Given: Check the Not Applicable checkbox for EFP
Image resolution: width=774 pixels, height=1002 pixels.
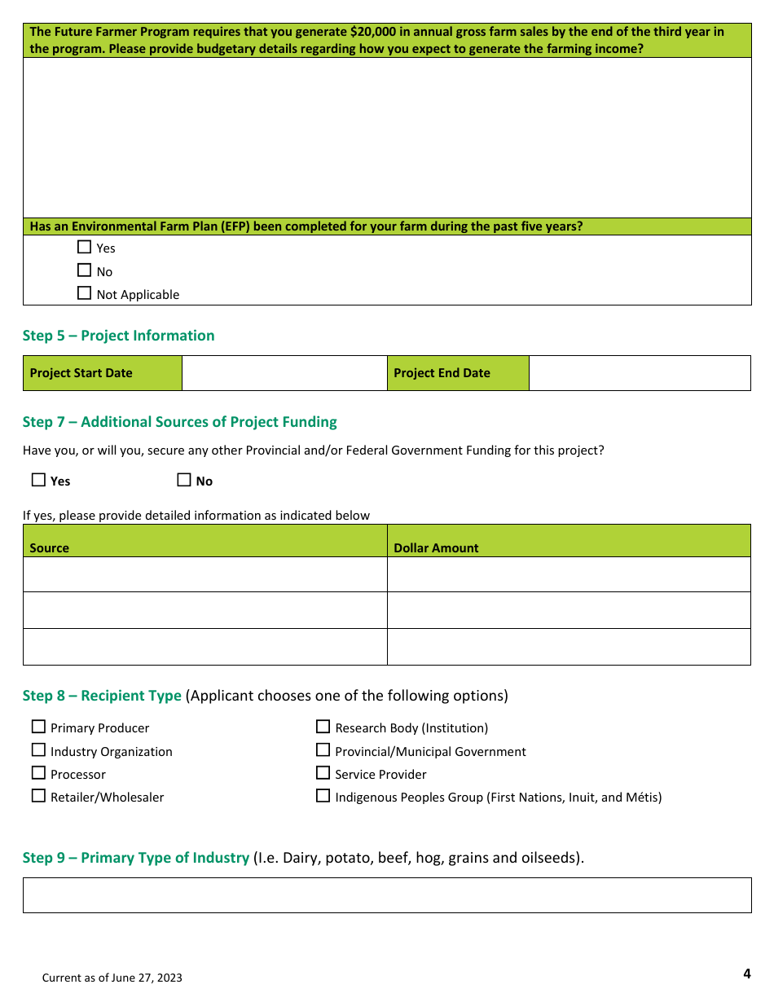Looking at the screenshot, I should [84, 293].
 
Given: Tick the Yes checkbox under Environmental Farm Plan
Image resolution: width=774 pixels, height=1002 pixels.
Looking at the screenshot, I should [84, 247].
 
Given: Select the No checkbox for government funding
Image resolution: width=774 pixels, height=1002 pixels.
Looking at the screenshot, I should [184, 480].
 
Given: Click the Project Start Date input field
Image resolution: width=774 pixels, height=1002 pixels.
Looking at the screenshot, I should [284, 373].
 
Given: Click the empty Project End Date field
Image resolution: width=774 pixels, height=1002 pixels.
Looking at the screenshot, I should [640, 373].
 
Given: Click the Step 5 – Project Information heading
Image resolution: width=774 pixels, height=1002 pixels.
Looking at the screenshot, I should [119, 336].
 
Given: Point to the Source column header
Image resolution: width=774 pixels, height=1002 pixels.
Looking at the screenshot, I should [50, 547].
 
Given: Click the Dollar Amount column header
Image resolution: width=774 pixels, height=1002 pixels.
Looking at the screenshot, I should [436, 547].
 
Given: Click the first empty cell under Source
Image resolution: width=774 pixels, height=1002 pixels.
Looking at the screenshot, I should [204, 574].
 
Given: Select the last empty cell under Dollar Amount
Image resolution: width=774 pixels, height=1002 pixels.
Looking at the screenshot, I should [569, 647].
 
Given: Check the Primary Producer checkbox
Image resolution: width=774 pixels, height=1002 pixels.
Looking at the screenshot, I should [38, 727].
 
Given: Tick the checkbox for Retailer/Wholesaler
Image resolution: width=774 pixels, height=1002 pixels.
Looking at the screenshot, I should [38, 796].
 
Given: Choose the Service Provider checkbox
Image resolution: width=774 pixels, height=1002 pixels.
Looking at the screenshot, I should [323, 773].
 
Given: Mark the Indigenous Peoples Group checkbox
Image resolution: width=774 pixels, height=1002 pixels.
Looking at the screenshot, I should [323, 796].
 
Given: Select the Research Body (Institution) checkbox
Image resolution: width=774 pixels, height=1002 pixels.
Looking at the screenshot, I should [323, 727].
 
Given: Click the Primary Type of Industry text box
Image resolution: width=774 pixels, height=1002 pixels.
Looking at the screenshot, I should [387, 894].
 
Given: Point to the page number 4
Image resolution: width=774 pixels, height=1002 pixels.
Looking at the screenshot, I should [746, 973].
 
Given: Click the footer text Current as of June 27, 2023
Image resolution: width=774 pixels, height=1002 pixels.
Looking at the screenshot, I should [112, 978].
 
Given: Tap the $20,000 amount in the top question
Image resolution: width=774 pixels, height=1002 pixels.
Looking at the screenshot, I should [375, 33].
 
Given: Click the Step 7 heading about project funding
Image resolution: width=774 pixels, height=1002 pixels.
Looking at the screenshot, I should [180, 422].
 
